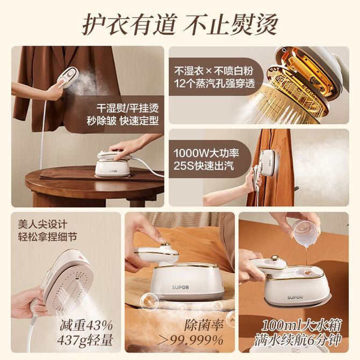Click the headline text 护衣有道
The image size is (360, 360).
point(129,25)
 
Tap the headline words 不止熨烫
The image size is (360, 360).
point(231,25)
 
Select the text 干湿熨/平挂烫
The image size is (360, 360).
point(127,108)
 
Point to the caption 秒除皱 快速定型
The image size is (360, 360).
point(123,121)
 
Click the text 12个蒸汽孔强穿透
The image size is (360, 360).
point(214,83)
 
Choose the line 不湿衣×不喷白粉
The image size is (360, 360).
point(213,71)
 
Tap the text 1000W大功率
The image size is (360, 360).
point(206,153)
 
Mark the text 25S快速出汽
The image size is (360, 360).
point(204,166)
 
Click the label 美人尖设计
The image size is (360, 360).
point(42,224)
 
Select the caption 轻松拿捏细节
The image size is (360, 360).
point(47,237)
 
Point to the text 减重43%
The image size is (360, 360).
point(87,325)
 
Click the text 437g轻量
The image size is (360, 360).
point(85,340)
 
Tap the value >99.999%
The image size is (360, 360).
point(191,340)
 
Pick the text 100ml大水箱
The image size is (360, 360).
point(301,325)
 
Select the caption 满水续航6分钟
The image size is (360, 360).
point(298,340)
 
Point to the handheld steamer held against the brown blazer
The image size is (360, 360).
point(68,77)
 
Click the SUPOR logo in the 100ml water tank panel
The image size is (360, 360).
point(295,298)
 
